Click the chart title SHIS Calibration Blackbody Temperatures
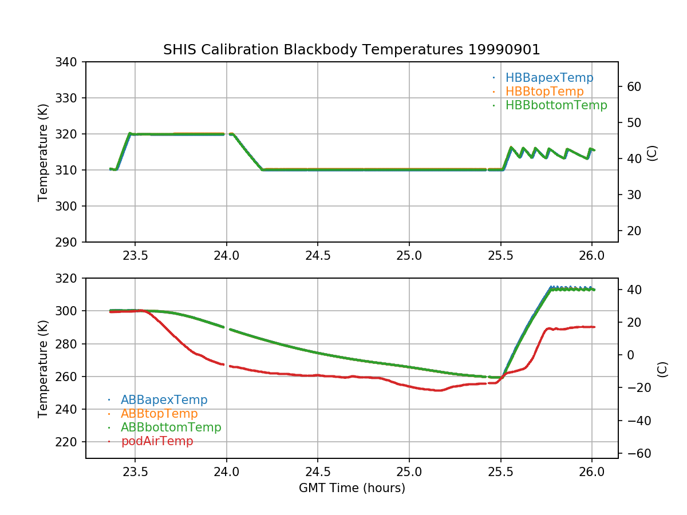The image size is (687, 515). pyautogui.click(x=352, y=50)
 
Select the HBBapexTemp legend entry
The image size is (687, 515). pyautogui.click(x=549, y=78)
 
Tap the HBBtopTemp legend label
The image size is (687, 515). pyautogui.click(x=544, y=92)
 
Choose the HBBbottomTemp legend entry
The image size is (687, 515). pyautogui.click(x=556, y=105)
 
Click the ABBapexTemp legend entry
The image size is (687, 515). pyautogui.click(x=164, y=399)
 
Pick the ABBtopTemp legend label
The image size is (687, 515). pyautogui.click(x=159, y=413)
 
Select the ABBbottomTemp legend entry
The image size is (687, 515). pyautogui.click(x=171, y=427)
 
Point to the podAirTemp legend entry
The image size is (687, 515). pyautogui.click(x=157, y=441)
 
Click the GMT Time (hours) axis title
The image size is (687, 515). pyautogui.click(x=352, y=488)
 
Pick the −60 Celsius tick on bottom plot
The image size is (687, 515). pyautogui.click(x=637, y=453)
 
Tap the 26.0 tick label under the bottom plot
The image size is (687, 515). pyautogui.click(x=592, y=472)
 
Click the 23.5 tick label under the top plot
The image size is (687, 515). pyautogui.click(x=135, y=255)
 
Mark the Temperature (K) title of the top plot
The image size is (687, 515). pyautogui.click(x=43, y=152)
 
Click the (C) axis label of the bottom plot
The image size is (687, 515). pyautogui.click(x=662, y=369)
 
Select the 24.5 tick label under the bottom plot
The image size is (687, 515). pyautogui.click(x=318, y=472)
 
